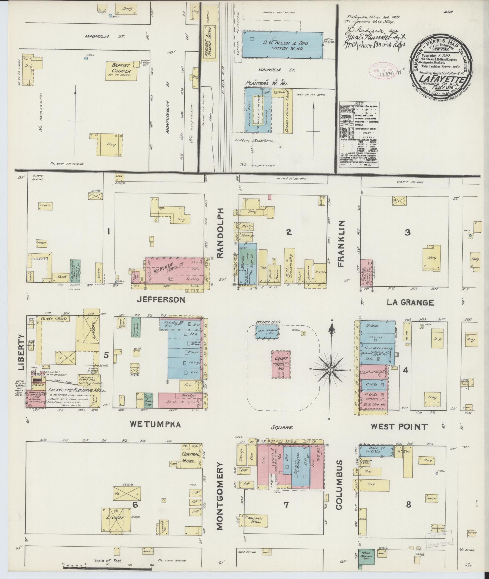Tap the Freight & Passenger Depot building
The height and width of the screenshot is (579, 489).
(x=210, y=43)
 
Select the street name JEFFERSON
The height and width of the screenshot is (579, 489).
(x=161, y=299)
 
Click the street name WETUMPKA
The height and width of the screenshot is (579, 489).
(x=155, y=425)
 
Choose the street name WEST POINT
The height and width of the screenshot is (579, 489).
(x=400, y=427)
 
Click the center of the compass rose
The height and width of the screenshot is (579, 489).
(x=330, y=370)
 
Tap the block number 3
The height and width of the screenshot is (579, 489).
(x=408, y=232)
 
